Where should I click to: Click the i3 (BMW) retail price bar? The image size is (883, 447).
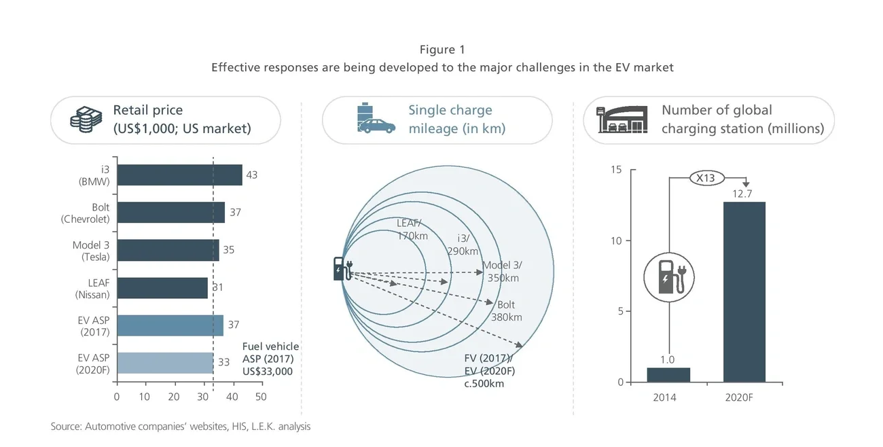[179, 175]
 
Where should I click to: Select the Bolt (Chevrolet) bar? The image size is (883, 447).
[170, 213]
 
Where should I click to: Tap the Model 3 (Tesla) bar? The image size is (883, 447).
[168, 250]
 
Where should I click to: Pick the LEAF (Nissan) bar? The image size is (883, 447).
[162, 288]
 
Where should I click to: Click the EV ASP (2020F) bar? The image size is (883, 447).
[164, 363]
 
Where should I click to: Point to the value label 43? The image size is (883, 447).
[251, 175]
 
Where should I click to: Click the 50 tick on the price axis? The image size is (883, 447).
[260, 397]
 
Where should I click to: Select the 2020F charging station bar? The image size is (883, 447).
[744, 292]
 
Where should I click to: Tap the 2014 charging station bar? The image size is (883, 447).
[668, 375]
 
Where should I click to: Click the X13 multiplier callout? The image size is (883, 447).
[707, 178]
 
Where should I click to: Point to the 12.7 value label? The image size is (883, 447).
[744, 194]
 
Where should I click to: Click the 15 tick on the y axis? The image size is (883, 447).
[616, 170]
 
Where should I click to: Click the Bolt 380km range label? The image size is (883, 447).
[506, 311]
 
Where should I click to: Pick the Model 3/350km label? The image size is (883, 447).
[502, 272]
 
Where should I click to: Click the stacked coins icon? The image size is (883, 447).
[86, 120]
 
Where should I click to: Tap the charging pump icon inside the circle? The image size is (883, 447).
[668, 277]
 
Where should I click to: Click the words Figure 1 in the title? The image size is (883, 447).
[442, 50]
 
